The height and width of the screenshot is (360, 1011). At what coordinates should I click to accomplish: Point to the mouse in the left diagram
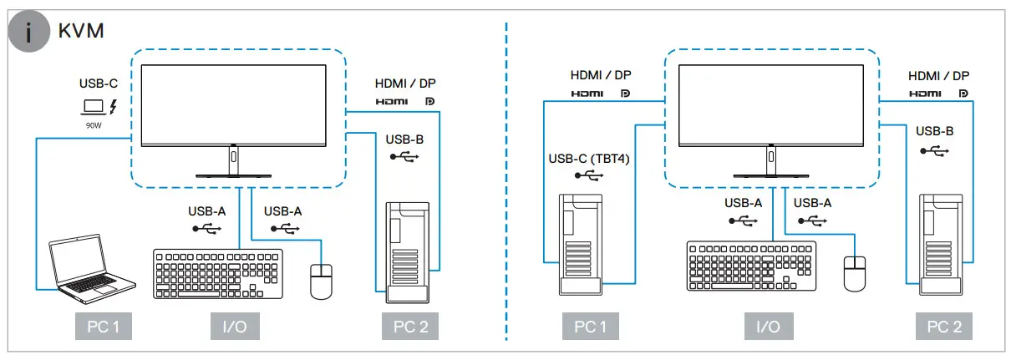tap(321, 281)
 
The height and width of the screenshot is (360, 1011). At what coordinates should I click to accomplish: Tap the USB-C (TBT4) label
tap(588, 159)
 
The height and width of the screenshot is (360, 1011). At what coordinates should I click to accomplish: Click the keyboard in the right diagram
tap(751, 266)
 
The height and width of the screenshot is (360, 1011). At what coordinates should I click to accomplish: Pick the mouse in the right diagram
tap(854, 273)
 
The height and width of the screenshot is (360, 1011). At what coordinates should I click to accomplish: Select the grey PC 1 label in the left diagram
tap(99, 327)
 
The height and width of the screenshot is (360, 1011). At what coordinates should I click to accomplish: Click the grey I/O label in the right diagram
tap(767, 327)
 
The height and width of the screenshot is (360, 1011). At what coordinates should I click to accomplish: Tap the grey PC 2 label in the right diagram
tap(943, 327)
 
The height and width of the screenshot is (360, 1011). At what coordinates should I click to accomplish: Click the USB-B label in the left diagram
tap(405, 139)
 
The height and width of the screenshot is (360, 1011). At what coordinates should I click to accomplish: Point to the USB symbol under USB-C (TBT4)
tap(588, 175)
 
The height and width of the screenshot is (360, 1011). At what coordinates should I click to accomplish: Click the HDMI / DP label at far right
tap(939, 76)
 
